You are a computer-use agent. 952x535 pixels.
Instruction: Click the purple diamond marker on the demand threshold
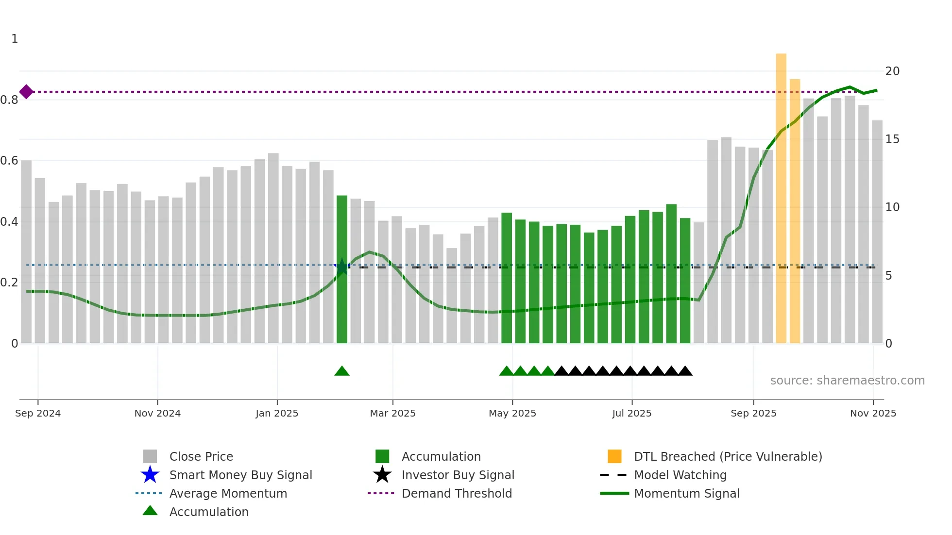26,91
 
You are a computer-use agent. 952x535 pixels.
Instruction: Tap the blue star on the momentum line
342,266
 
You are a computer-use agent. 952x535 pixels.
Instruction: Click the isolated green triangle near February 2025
342,371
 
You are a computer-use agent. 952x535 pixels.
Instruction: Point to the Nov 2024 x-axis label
157,413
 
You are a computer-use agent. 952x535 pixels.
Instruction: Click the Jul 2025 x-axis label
631,413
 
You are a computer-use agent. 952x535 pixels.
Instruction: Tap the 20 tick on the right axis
892,71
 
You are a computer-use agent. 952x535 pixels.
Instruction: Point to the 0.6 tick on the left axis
9,161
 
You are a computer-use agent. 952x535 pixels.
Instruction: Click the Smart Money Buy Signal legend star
150,475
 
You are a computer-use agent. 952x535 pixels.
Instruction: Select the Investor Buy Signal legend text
458,475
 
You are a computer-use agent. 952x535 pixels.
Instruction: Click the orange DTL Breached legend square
614,456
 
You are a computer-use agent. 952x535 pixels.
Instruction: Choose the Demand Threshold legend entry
457,493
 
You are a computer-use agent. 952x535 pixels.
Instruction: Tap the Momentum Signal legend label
686,493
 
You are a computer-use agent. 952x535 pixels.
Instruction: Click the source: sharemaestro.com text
847,381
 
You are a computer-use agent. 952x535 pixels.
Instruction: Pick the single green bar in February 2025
342,269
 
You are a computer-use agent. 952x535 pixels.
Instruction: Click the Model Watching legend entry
680,475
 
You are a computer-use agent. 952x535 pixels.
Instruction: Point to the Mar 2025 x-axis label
392,413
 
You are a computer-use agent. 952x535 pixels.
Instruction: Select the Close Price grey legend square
150,456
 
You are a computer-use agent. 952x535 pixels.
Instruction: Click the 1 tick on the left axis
15,39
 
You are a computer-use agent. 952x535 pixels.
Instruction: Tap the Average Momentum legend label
228,493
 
